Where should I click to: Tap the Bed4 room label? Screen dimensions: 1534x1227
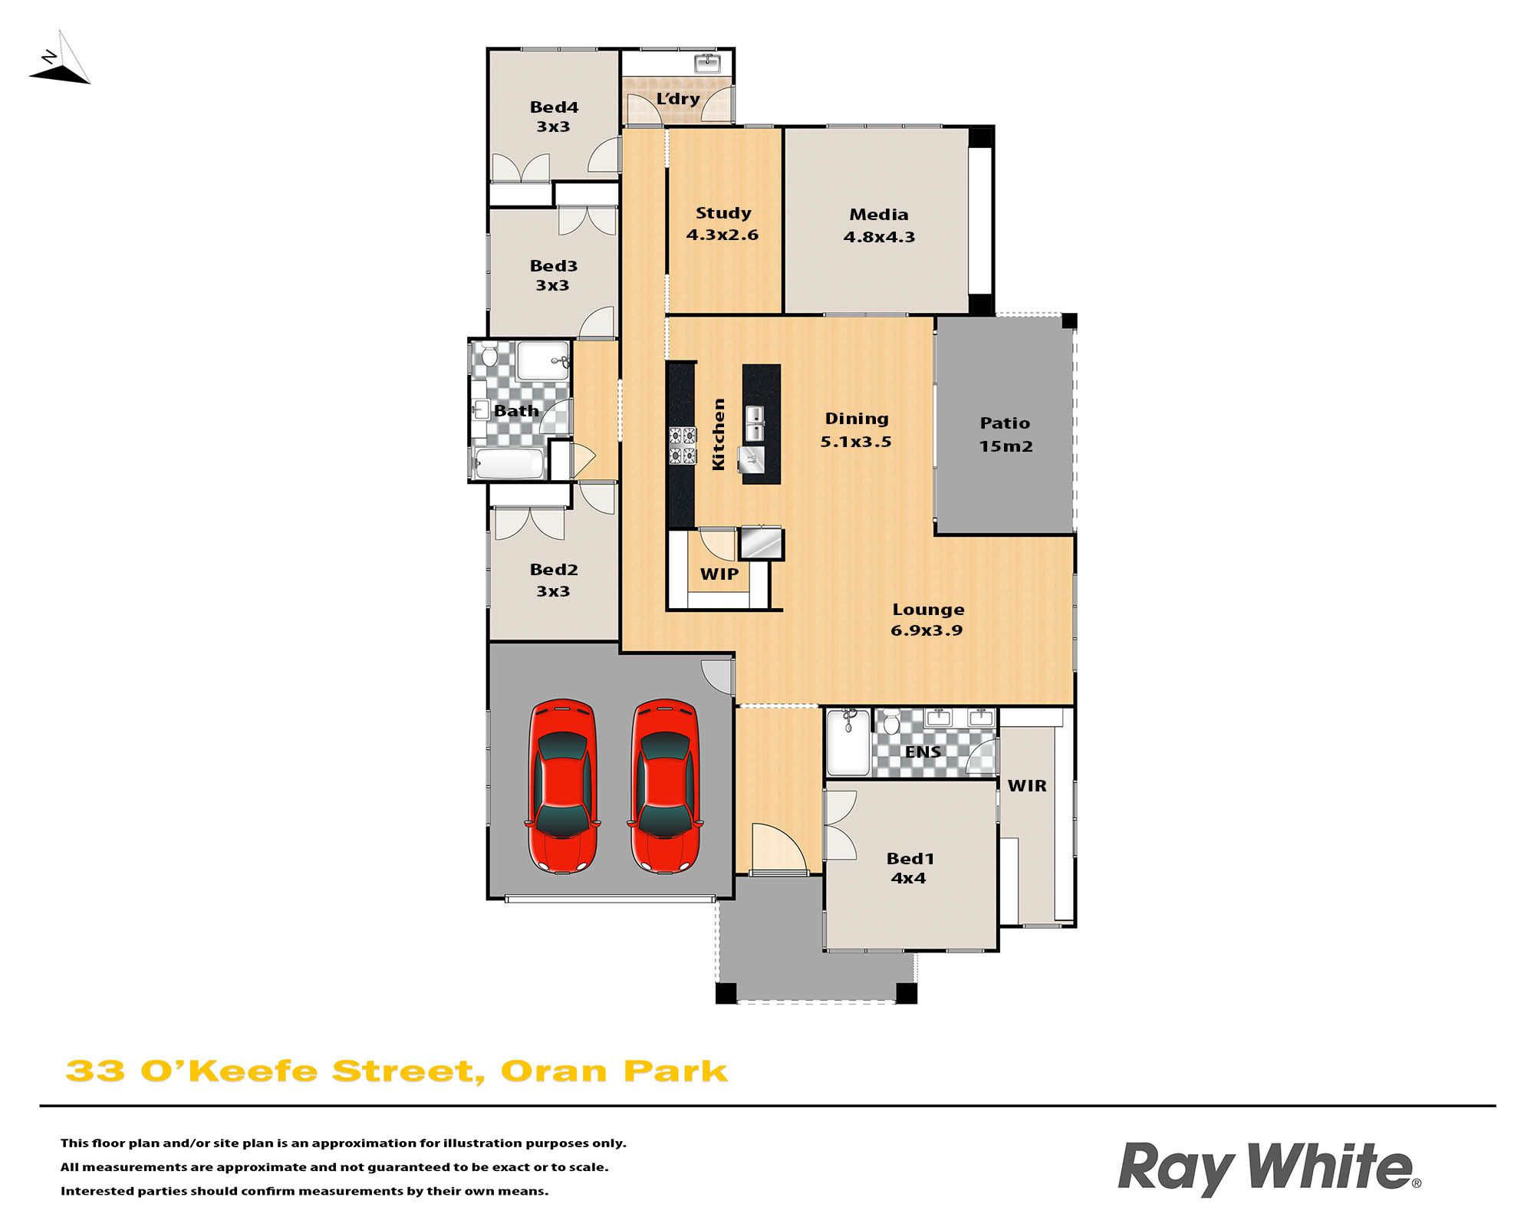(x=554, y=107)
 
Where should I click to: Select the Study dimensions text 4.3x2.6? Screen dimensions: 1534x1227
(x=722, y=235)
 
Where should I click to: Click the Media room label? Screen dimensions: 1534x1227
(x=879, y=215)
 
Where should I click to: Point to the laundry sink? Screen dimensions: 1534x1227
(x=706, y=63)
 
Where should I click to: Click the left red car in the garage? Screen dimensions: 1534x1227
(x=562, y=785)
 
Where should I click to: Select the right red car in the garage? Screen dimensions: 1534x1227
(x=665, y=785)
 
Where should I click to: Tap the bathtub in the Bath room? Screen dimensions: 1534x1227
(x=509, y=463)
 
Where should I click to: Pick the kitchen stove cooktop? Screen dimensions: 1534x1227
(x=683, y=446)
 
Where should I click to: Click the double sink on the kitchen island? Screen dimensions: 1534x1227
(x=755, y=424)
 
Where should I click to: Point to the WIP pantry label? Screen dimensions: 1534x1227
(x=719, y=574)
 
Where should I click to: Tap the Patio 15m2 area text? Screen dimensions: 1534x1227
(x=1006, y=434)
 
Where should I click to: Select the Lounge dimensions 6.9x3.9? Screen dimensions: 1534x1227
(x=927, y=630)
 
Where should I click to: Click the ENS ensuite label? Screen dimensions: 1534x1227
(x=923, y=752)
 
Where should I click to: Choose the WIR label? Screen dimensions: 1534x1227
(x=1027, y=785)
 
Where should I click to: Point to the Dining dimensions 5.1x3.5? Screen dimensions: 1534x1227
(x=856, y=442)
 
